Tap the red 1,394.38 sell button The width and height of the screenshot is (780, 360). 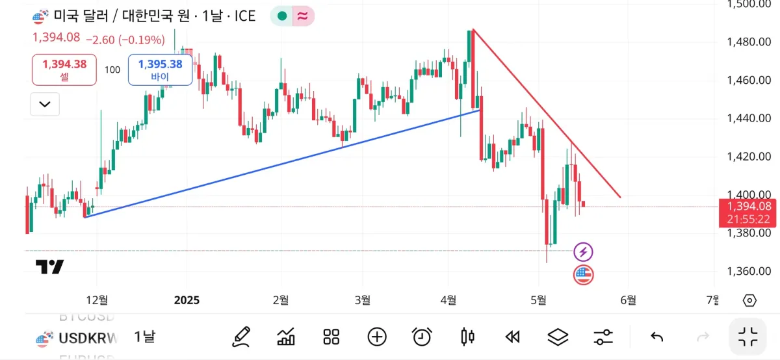coord(64,70)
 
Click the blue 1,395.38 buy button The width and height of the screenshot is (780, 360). coord(160,70)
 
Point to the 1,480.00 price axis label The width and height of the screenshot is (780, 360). coord(748,42)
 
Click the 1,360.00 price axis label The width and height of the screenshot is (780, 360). coord(748,272)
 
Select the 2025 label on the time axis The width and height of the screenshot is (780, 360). coord(187,300)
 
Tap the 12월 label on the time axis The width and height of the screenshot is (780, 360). coord(97,300)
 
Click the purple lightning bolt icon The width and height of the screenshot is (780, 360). coord(584,251)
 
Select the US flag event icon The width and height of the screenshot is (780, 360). coord(584,275)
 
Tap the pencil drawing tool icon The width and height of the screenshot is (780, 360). coord(241,337)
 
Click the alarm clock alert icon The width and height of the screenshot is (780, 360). coord(422,337)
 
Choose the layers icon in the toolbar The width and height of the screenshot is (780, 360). coord(558,337)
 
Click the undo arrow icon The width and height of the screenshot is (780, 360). coord(657,337)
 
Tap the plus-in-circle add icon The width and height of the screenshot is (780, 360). coord(377,337)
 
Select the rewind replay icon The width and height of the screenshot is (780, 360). coord(512,337)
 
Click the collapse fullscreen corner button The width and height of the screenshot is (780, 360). coord(748,337)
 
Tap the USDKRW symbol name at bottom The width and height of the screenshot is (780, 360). coord(88,337)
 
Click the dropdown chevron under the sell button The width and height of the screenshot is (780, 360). coord(45,104)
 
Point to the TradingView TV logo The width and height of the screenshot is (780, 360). coord(49,266)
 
